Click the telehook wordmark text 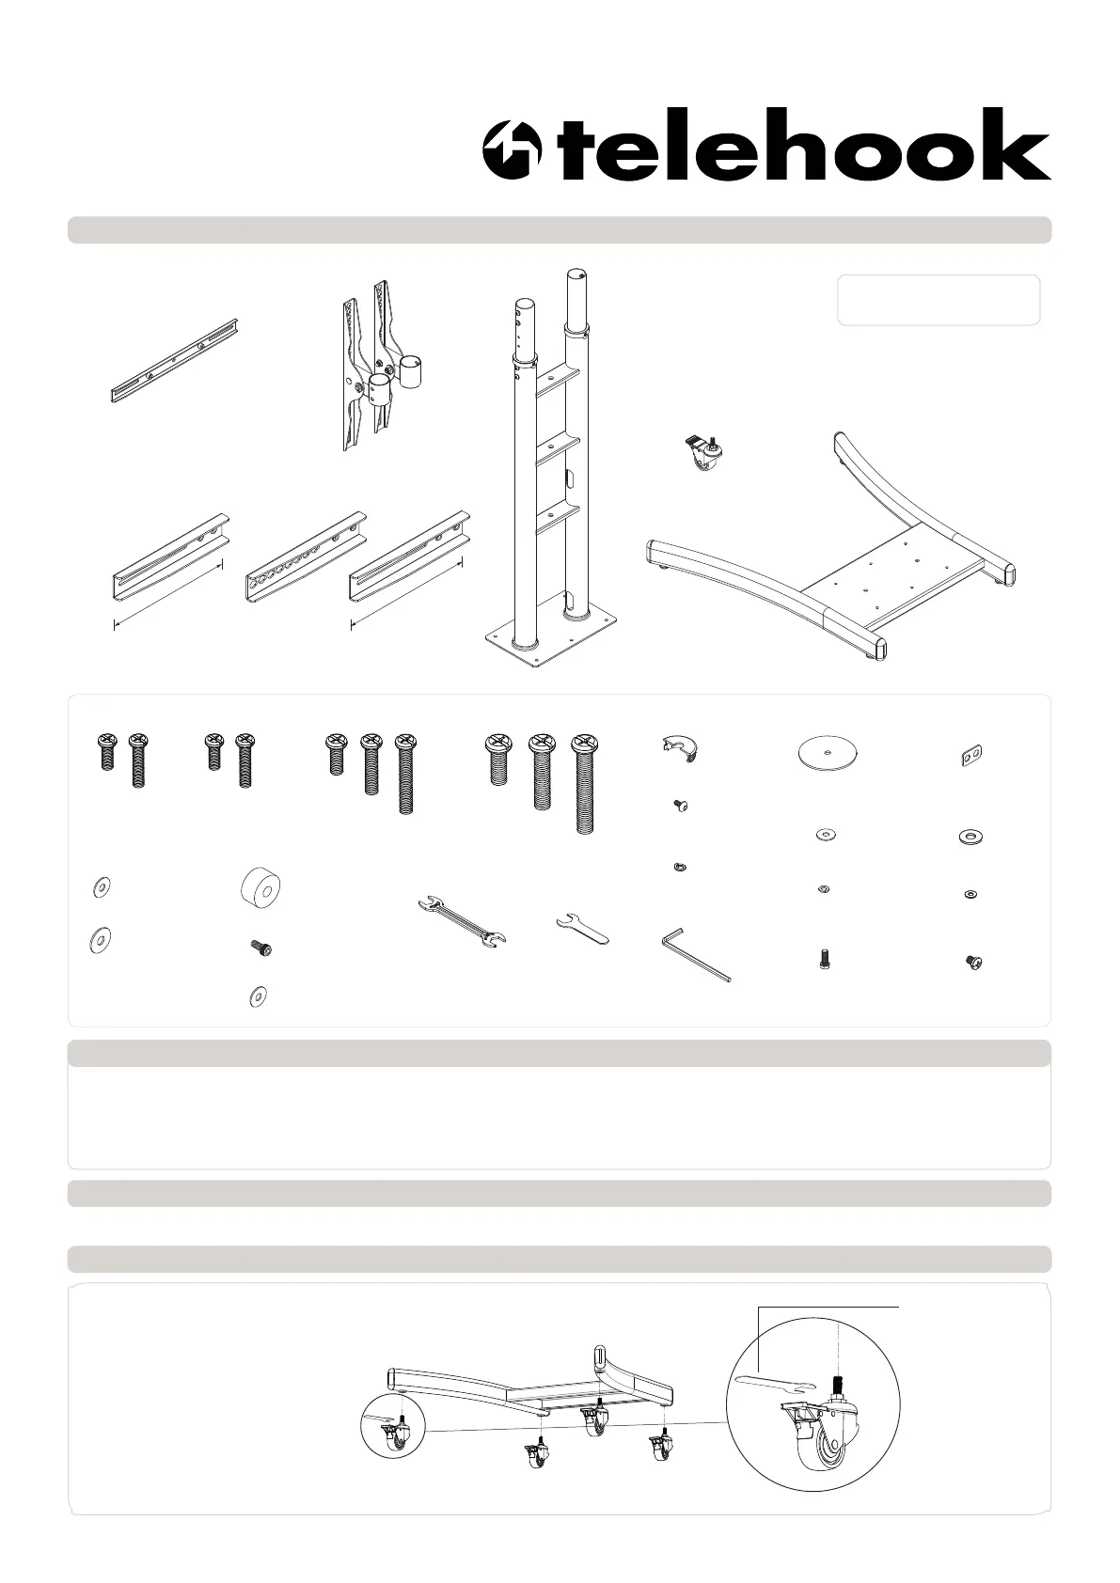pyautogui.click(x=804, y=144)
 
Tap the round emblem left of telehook pyautogui.click(x=512, y=149)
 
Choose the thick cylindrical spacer pyautogui.click(x=260, y=887)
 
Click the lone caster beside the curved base pyautogui.click(x=704, y=452)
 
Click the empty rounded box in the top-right pyautogui.click(x=939, y=300)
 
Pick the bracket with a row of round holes pyautogui.click(x=306, y=558)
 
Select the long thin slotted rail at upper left pyautogui.click(x=174, y=361)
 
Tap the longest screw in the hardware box pyautogui.click(x=584, y=784)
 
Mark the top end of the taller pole pyautogui.click(x=576, y=274)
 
